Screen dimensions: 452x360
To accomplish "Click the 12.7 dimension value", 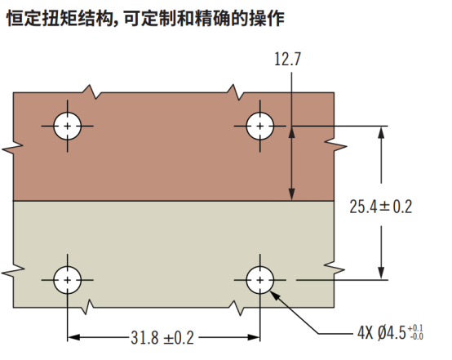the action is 287,59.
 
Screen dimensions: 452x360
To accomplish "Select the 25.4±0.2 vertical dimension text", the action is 381,207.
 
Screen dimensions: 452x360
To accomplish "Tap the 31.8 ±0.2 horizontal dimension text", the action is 162,337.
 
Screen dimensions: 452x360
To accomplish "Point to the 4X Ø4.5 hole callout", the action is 390,332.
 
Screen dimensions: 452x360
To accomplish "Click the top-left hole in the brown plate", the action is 68,127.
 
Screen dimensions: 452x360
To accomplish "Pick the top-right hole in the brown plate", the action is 260,127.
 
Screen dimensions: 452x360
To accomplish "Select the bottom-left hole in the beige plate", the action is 68,280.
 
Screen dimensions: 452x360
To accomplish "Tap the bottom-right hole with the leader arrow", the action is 260,280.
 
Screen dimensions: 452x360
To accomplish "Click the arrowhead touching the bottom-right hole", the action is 274,295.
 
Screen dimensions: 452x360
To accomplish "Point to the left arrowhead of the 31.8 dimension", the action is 73,337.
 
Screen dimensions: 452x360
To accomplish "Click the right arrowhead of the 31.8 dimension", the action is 254,337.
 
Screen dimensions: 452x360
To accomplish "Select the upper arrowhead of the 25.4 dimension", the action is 381,133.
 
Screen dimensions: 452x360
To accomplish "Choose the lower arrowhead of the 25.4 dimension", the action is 381,273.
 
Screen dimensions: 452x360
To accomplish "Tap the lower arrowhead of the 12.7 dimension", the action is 292,194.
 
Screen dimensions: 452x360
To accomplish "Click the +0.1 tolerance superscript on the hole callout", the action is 415,328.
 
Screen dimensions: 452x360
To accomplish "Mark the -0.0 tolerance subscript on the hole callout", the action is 415,336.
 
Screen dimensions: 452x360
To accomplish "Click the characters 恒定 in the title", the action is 24,18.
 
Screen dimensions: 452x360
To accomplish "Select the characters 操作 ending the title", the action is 267,18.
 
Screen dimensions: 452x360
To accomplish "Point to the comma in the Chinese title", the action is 117,23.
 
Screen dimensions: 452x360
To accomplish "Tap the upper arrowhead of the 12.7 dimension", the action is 292,133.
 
